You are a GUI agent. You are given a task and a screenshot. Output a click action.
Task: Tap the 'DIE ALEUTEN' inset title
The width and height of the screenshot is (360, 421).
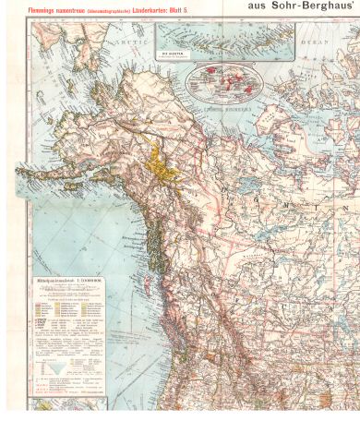[x=171, y=54]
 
